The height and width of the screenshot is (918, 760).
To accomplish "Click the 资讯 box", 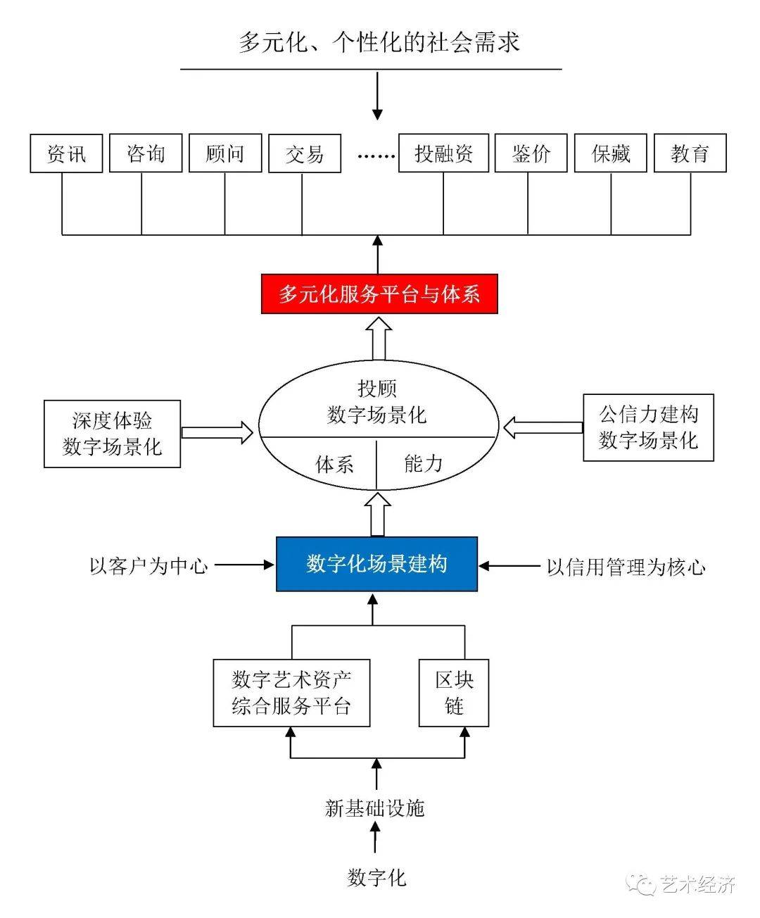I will [67, 153].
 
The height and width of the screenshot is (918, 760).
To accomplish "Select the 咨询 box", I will [146, 153].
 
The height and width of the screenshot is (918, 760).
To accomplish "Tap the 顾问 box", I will [225, 153].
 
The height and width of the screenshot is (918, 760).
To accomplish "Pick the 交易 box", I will [305, 153].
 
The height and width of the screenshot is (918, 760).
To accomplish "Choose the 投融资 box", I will [443, 153].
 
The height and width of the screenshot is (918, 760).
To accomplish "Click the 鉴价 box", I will [531, 153].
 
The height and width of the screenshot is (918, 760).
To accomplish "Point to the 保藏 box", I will [611, 153].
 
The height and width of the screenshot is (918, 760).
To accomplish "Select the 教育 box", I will [690, 153].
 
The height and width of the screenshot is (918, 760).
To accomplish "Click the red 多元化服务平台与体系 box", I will [379, 294].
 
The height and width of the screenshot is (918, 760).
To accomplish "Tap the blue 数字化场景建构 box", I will [376, 564].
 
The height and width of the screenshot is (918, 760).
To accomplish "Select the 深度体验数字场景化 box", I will [113, 434].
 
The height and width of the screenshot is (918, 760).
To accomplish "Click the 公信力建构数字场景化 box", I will [648, 427].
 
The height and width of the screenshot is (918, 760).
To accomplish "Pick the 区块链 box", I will [454, 693].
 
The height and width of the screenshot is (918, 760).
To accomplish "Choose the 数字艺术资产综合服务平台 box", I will [291, 693].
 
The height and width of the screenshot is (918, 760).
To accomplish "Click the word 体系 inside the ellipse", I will [334, 464].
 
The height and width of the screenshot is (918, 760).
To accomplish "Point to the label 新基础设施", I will [375, 807].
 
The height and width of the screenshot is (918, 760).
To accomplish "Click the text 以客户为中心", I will [148, 565].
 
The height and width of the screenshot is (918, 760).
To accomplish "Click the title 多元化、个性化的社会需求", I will [379, 42].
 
